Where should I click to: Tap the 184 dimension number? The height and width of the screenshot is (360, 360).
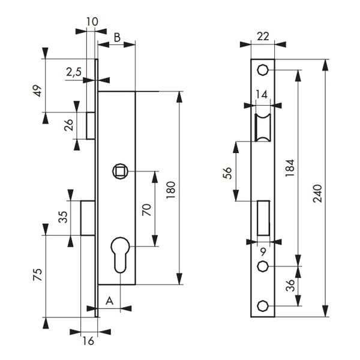click(289, 170)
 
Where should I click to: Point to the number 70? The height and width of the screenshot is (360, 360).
click(147, 209)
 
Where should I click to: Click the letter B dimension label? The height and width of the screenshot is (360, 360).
click(117, 38)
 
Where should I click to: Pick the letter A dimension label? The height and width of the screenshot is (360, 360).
click(109, 300)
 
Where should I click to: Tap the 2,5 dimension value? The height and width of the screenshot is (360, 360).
click(74, 72)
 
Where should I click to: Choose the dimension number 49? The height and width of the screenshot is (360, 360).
click(37, 92)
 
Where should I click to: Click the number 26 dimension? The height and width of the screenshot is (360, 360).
click(69, 125)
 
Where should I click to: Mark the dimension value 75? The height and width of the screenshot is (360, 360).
click(37, 277)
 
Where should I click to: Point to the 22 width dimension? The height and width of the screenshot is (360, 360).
click(263, 36)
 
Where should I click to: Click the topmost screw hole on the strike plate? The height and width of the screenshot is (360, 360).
click(262, 70)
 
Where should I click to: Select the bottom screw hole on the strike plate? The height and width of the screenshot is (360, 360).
click(262, 306)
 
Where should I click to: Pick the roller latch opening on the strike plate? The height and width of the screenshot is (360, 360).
click(262, 128)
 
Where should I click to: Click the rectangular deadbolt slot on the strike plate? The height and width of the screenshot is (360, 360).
click(262, 218)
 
